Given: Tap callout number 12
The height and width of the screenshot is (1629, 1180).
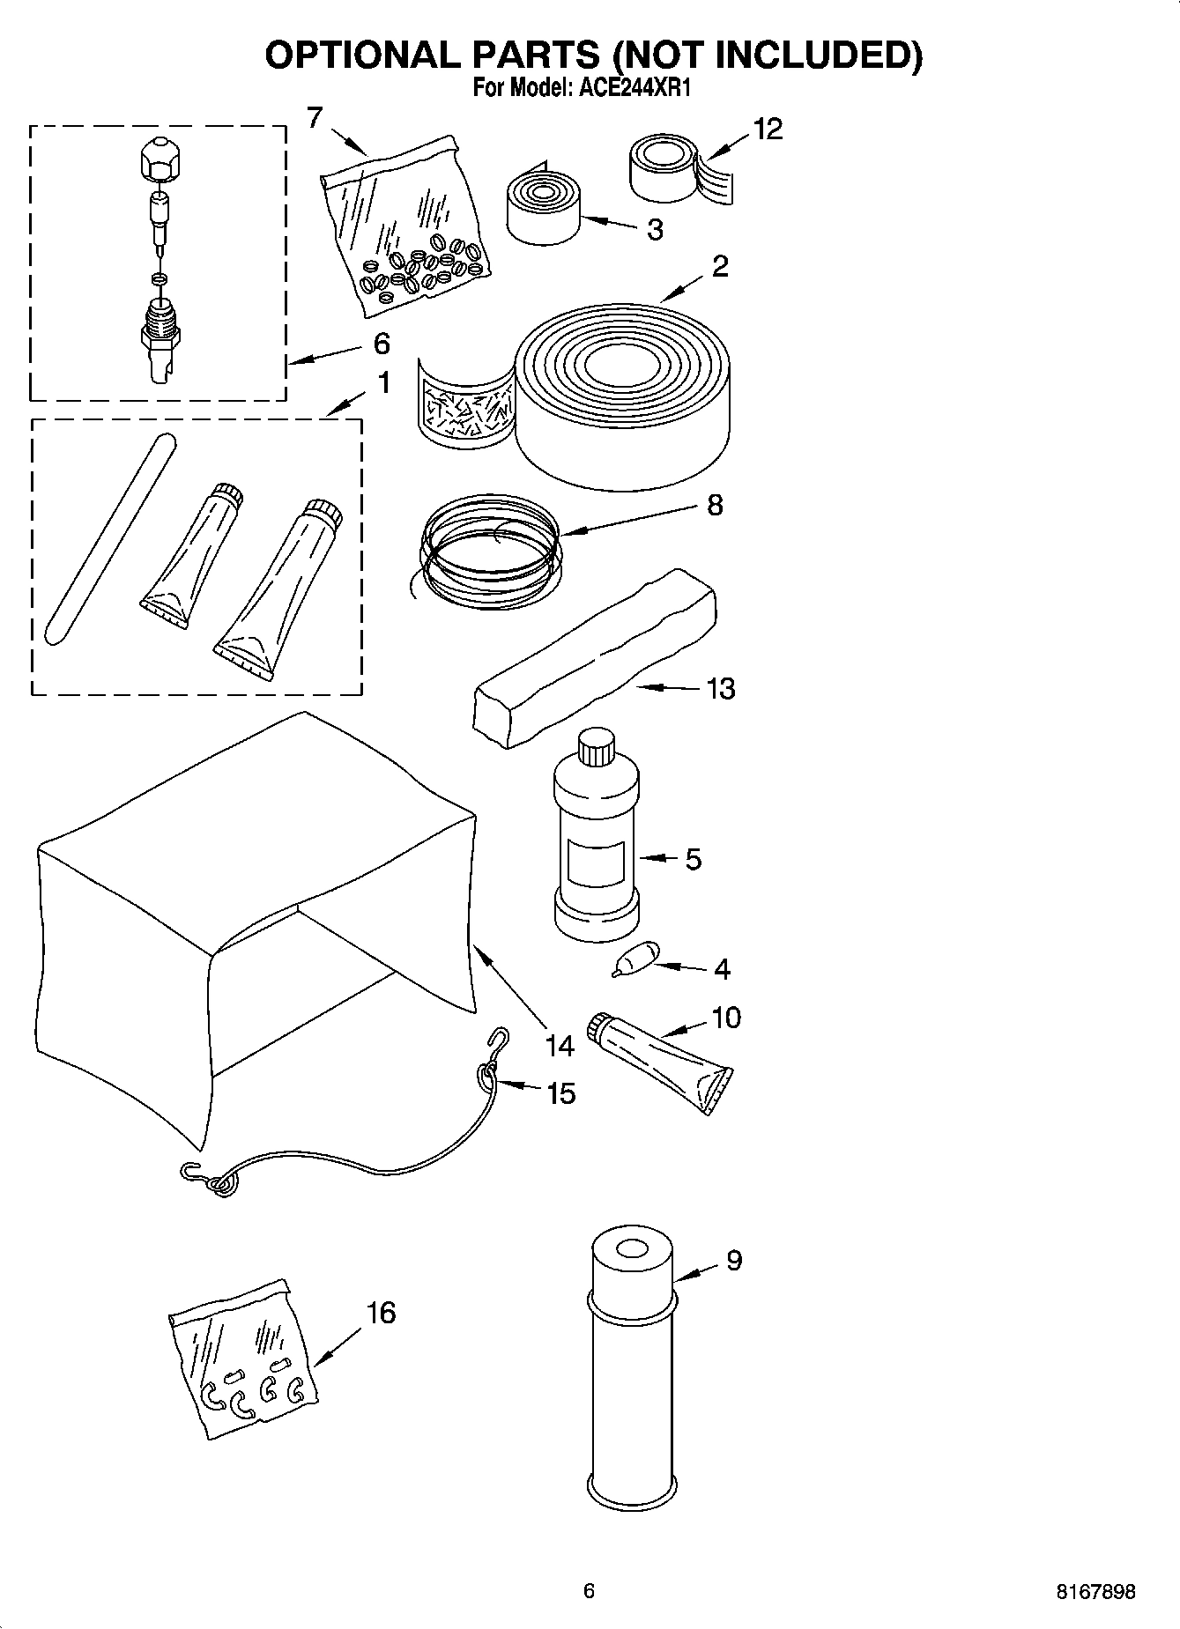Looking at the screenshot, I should coord(768,130).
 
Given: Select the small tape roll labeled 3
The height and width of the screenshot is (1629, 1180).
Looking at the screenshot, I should coord(542,208).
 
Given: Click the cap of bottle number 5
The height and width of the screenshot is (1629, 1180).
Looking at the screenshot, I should coord(596,747).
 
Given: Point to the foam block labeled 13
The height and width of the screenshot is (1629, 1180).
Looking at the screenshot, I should coord(594,659).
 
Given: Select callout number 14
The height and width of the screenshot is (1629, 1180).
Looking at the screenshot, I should coord(559,1046).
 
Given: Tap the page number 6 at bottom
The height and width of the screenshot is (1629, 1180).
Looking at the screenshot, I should coord(590,1590).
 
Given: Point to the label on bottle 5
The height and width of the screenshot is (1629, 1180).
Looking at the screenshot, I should coord(596,862).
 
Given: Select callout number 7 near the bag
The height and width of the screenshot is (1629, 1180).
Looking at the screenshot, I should coord(315,117).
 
